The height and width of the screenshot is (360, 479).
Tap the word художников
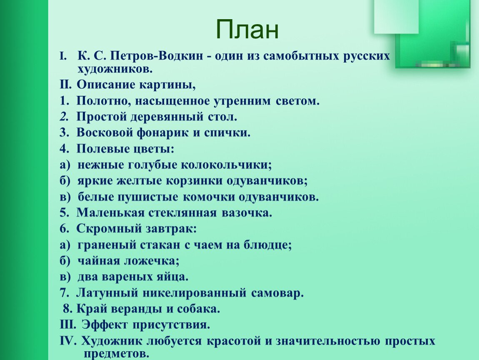[x=115, y=69]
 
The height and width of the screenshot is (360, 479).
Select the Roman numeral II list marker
[x=66, y=84]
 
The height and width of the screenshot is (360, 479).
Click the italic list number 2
[x=64, y=117]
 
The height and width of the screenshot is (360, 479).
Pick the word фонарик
[x=162, y=132]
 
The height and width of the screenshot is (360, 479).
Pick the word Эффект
[x=105, y=325]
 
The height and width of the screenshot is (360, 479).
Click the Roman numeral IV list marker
[x=68, y=341]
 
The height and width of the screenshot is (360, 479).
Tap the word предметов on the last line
[x=116, y=354]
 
